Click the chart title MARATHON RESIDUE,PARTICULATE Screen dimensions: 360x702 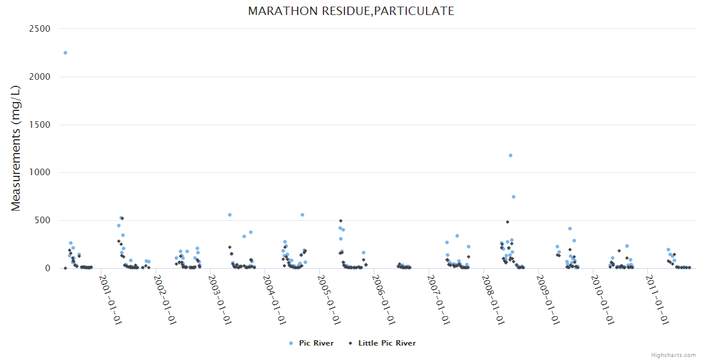351,11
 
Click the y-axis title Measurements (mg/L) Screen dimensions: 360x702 16,148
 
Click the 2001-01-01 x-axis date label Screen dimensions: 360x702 110,299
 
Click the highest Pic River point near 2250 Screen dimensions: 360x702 65,53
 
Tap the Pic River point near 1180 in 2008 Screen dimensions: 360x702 511,155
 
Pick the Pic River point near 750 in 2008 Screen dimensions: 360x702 514,197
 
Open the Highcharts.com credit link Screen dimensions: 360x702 673,355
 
